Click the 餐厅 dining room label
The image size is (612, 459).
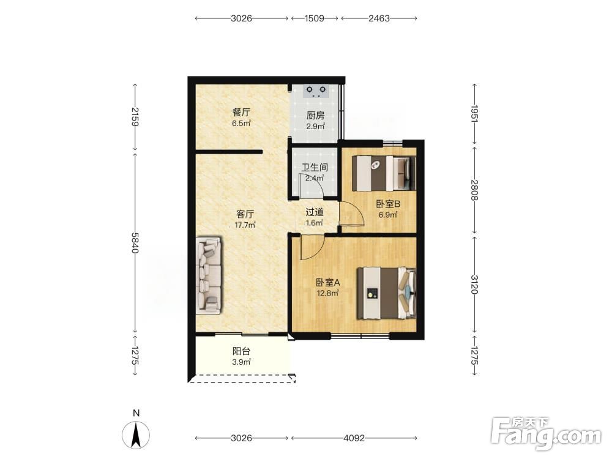(241, 113)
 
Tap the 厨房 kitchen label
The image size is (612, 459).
(315, 116)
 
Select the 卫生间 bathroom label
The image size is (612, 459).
(315, 168)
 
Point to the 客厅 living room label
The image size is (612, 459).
(245, 214)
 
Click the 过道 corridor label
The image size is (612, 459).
(315, 212)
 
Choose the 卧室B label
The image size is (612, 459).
(388, 204)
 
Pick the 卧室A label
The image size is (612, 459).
(328, 282)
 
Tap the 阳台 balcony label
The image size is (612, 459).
(241, 351)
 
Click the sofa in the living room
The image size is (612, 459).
(209, 275)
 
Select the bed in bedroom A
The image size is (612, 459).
(387, 293)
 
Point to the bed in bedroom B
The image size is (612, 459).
(384, 173)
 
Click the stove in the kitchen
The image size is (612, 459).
(316, 91)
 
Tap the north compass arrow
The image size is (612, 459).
(136, 435)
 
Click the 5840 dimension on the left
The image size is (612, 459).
(135, 243)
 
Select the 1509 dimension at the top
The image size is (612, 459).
(314, 18)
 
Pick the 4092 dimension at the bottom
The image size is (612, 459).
(354, 438)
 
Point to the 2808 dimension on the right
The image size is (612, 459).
(475, 190)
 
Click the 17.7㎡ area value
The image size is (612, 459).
(245, 225)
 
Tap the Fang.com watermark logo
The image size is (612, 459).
(546, 435)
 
